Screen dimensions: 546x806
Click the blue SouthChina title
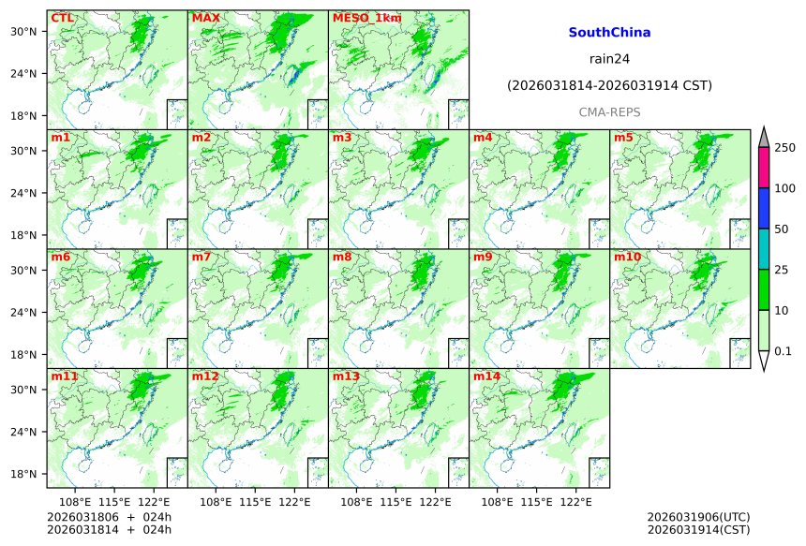point(609,33)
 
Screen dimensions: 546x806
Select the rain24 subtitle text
point(609,59)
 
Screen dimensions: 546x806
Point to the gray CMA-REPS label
point(609,111)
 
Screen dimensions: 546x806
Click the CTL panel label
point(62,18)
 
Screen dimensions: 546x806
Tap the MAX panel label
point(205,18)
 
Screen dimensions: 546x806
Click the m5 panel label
point(624,138)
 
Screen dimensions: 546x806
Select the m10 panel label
point(628,257)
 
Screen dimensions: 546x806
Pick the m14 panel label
point(486,376)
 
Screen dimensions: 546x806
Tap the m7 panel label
point(202,257)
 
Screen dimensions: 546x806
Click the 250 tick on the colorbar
point(784,148)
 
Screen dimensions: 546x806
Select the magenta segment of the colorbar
point(763,168)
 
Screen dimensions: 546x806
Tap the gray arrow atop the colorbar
point(763,137)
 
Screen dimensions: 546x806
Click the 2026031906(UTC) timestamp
point(698,517)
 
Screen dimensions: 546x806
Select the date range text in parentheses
point(609,85)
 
